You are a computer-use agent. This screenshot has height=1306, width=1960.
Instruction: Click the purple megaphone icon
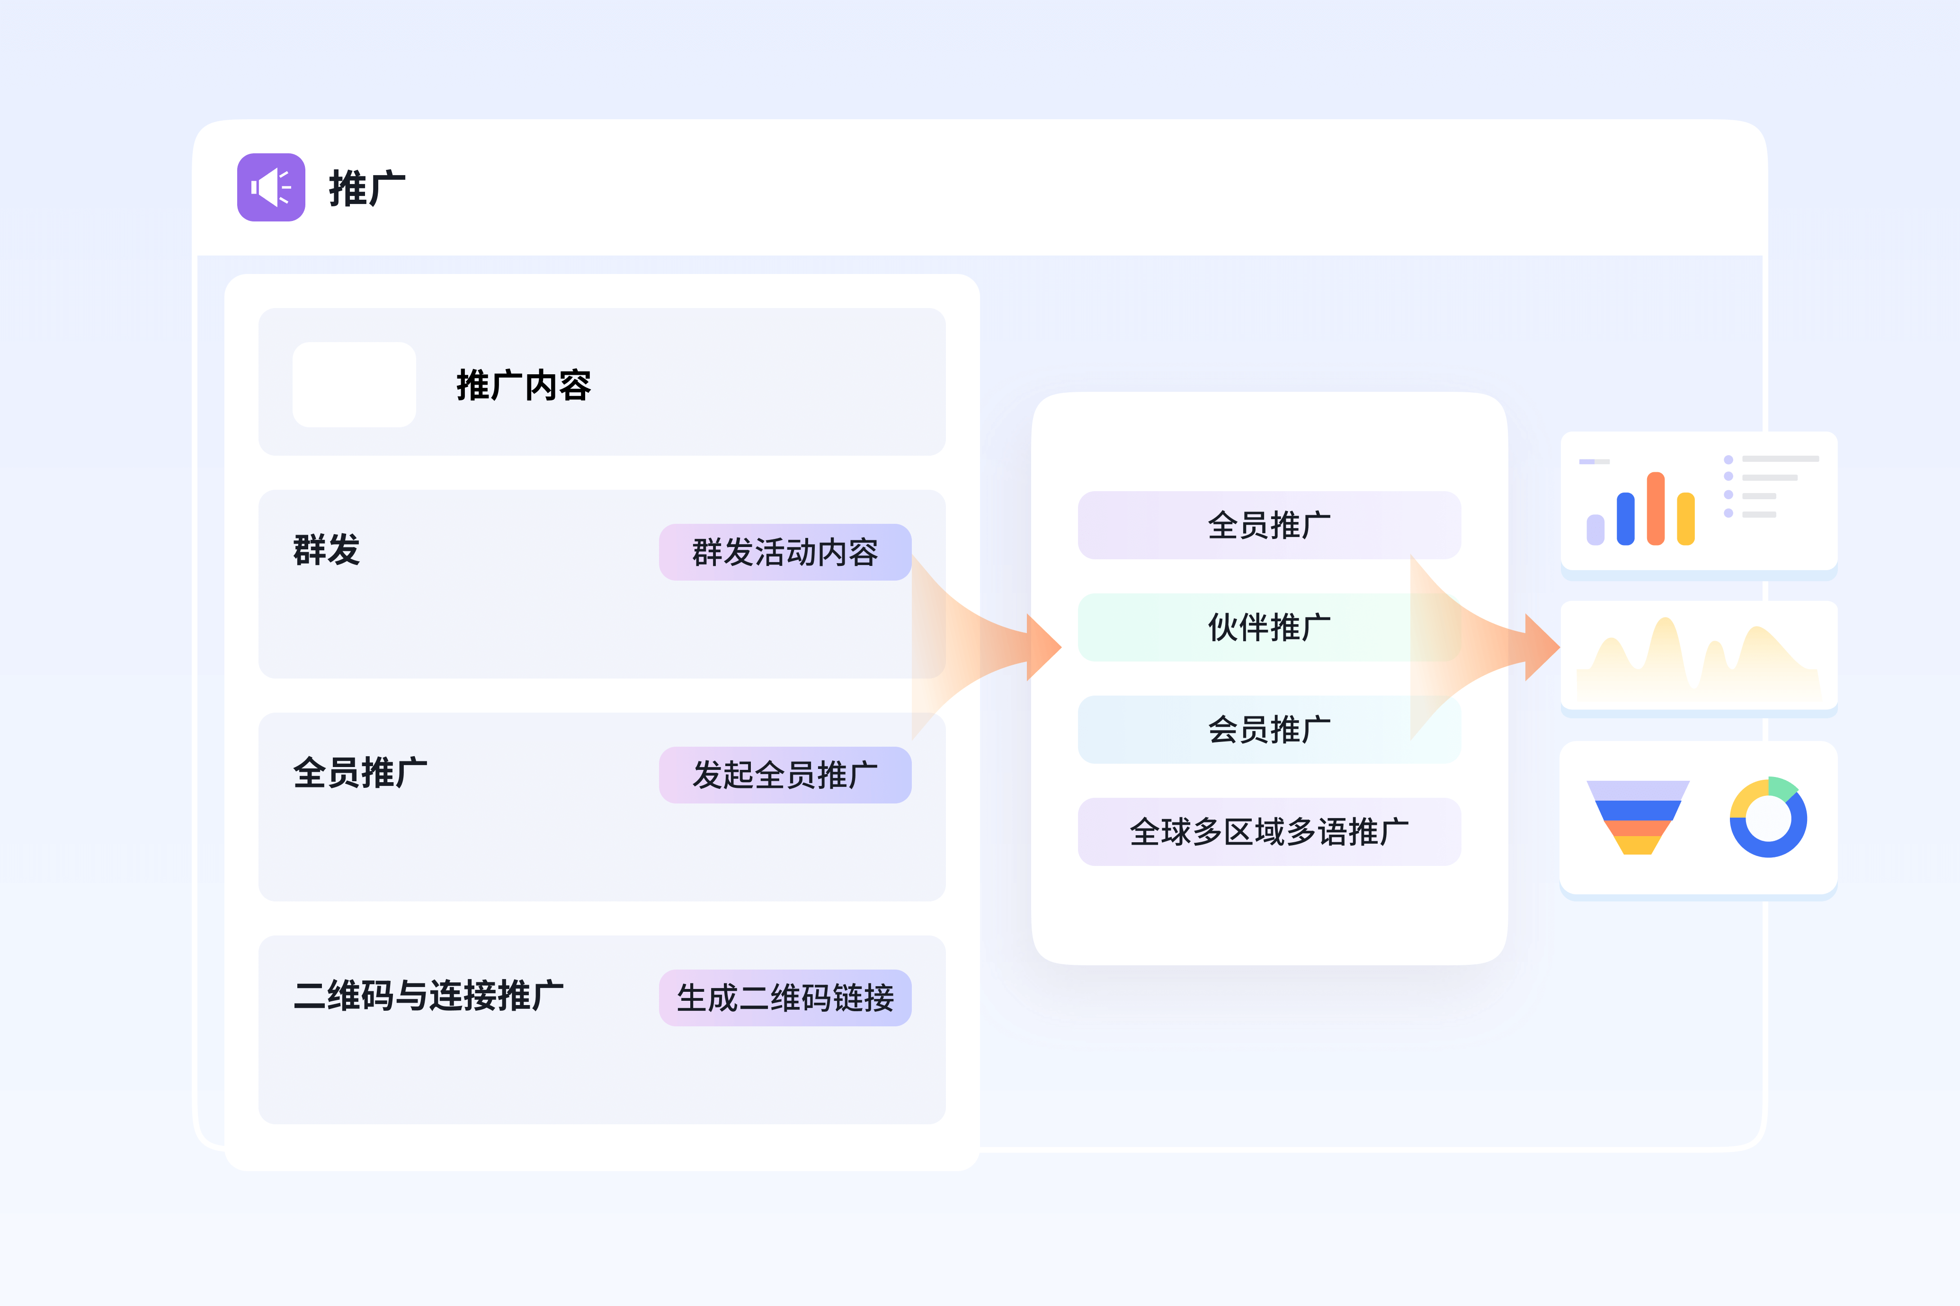click(271, 187)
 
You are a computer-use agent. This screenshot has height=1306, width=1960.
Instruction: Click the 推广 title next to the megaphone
click(366, 188)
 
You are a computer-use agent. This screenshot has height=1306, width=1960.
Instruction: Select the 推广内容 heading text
click(523, 385)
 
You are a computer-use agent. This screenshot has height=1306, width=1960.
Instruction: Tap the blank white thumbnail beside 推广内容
click(354, 385)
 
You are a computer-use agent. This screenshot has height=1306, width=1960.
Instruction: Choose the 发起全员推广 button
click(785, 775)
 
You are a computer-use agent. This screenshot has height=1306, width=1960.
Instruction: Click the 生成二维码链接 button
click(785, 997)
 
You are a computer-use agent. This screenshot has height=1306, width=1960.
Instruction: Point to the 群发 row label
click(327, 550)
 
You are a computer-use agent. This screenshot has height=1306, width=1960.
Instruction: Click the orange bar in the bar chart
click(1656, 509)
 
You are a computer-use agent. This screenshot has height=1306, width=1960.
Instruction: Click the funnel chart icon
click(1638, 816)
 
